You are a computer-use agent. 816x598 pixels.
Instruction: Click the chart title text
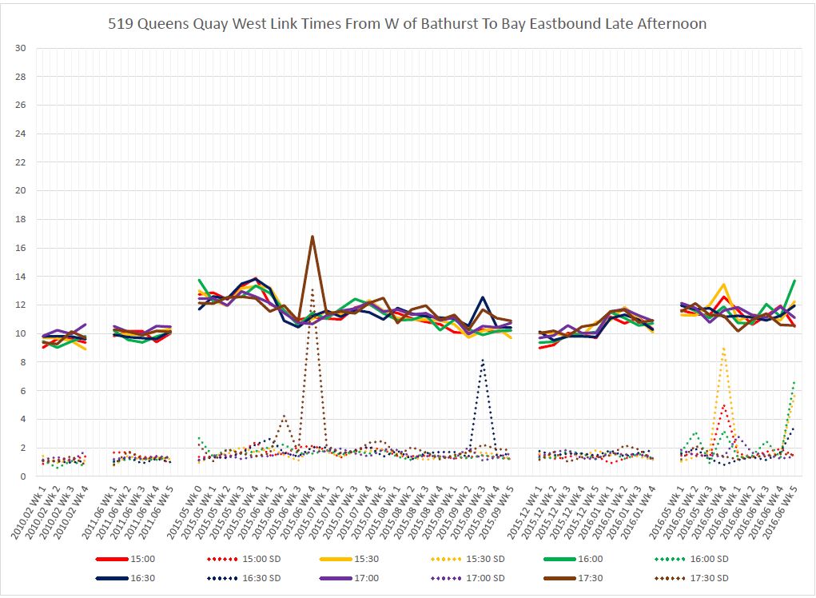(408, 24)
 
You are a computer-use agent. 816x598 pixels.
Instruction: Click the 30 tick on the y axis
(21, 48)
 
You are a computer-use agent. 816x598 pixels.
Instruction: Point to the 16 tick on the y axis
(21, 248)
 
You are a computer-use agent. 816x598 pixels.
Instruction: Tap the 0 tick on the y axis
(23, 476)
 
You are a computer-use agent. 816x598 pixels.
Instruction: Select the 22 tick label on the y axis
(21, 162)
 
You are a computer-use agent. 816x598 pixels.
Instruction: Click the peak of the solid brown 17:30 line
(312, 237)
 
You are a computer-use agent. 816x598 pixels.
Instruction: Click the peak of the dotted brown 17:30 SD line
(312, 289)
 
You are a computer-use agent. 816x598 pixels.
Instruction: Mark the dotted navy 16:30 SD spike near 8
(482, 361)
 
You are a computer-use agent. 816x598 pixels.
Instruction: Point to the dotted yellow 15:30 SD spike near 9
(723, 349)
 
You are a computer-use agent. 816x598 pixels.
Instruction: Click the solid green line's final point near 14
(794, 281)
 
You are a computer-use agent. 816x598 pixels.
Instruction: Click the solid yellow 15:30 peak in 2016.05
(723, 285)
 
